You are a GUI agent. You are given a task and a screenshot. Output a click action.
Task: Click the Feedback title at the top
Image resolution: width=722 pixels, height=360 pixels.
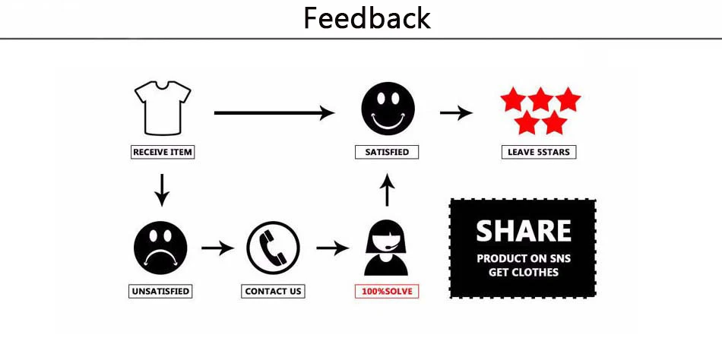coord(367,17)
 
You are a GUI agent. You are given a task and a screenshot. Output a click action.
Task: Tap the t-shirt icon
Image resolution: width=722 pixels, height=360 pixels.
coord(162,107)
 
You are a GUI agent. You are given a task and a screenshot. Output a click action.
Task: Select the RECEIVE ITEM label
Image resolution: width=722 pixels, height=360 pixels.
coord(163,152)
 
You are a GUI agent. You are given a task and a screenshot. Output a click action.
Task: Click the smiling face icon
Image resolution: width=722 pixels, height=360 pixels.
coord(388,109)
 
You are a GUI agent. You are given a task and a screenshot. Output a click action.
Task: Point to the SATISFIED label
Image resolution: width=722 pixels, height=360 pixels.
coord(387,152)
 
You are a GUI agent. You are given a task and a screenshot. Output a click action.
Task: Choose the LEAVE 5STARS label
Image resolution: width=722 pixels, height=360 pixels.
coord(539,152)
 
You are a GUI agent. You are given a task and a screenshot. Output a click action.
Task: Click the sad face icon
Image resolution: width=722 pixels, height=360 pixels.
coord(160,247)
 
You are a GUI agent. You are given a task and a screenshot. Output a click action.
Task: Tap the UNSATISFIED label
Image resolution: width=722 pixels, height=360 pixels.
coord(160,291)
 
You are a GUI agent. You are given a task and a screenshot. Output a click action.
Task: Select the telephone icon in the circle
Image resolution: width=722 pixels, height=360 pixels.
coord(274,248)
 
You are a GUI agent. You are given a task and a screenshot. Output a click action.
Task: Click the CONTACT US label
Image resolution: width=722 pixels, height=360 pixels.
coord(274,291)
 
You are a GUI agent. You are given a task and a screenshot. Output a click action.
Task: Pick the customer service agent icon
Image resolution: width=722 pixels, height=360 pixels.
coord(386,248)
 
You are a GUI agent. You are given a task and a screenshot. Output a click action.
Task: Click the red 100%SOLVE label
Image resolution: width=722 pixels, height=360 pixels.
coord(387,291)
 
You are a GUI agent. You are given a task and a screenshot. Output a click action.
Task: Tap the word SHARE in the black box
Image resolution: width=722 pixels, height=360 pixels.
coord(523,231)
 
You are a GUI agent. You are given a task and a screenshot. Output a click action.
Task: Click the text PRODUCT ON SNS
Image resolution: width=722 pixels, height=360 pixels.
coord(523,258)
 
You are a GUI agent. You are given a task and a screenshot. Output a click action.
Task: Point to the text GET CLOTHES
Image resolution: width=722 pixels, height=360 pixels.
coord(523,272)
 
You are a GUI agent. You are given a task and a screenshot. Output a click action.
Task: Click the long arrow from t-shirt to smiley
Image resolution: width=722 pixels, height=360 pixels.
coord(274,113)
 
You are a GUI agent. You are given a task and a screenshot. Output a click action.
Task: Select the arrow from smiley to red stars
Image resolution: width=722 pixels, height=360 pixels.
coord(456,113)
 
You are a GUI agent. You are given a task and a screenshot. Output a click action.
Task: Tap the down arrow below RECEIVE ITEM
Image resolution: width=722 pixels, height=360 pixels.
coord(161,189)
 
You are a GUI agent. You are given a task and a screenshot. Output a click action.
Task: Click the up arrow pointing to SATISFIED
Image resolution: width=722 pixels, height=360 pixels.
coord(387,190)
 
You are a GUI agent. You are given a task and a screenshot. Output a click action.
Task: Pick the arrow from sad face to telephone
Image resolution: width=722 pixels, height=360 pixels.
coord(217,248)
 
